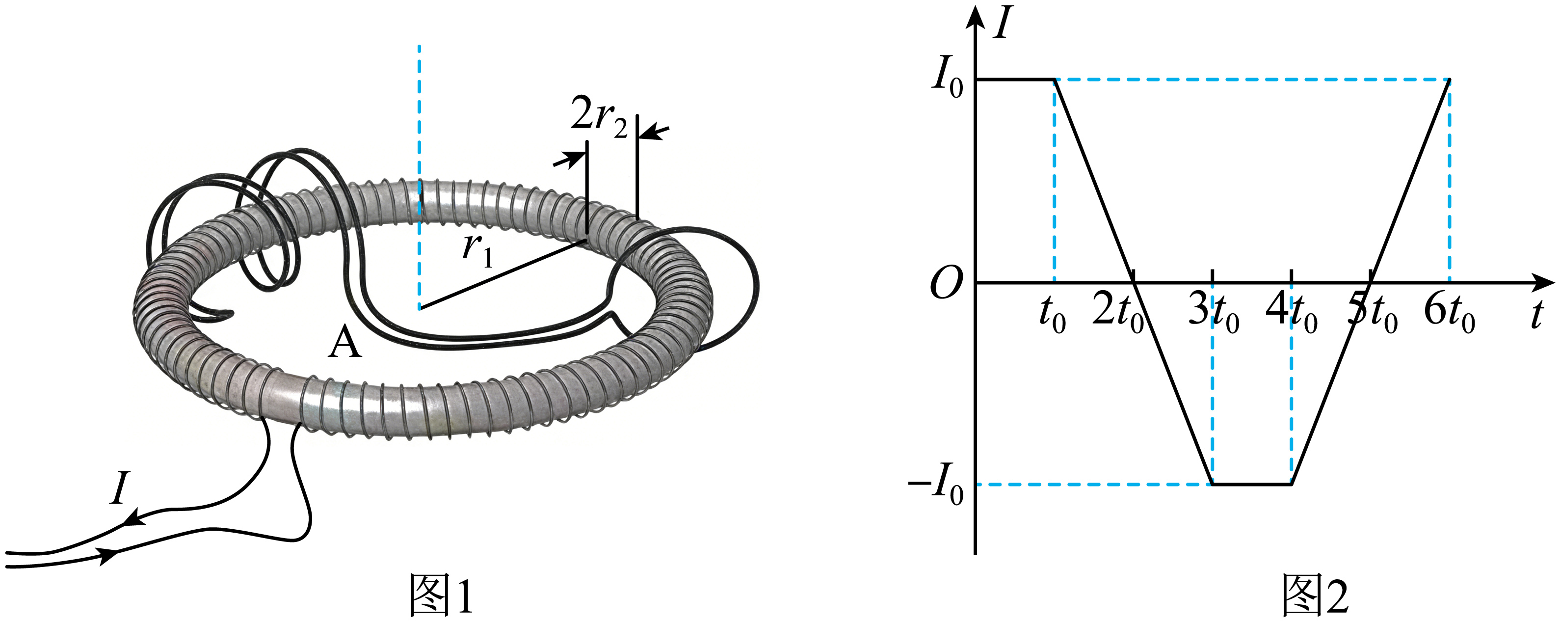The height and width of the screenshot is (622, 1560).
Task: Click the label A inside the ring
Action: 344,342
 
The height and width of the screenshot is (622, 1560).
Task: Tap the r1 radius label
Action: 478,249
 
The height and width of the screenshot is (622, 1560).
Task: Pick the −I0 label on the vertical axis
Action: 936,484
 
